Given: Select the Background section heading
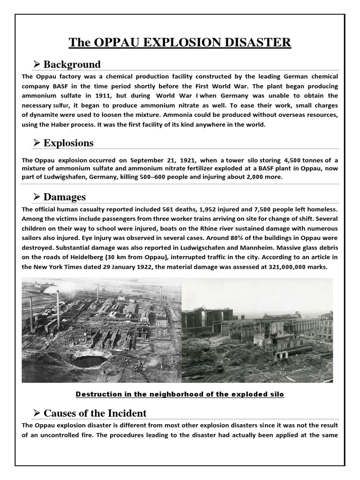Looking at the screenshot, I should coord(72,64).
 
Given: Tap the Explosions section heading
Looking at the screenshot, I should coord(68,143).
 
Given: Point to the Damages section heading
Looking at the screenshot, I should coord(65,197).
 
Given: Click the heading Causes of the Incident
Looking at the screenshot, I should coord(95,413).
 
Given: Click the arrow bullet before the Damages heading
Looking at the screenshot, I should coord(37,197).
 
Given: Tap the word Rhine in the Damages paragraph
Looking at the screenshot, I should coord(199,229).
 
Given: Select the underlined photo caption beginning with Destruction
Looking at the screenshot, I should coord(180,394).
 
